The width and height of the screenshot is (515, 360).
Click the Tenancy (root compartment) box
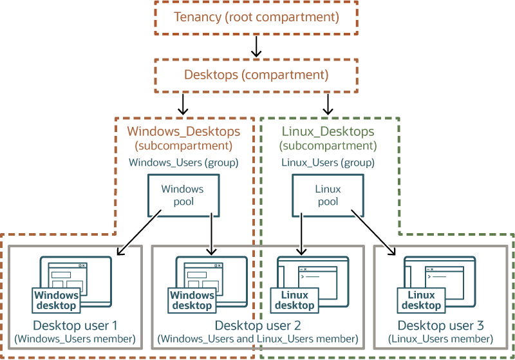[256, 17]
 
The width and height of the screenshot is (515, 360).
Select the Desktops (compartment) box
[256, 75]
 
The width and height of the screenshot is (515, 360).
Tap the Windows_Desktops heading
[183, 131]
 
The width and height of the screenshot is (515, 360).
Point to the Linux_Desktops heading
[328, 131]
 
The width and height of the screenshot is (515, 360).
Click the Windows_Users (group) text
[183, 162]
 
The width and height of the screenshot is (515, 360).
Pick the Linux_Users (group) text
[328, 162]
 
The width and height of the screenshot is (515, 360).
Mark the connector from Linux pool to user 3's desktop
[373, 232]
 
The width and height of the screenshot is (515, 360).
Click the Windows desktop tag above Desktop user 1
[57, 300]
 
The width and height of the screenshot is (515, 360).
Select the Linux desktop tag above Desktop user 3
[422, 300]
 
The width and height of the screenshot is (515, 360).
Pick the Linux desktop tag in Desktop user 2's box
[295, 300]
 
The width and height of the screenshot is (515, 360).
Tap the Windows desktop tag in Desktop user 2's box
[192, 300]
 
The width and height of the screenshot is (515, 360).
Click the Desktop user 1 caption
[75, 325]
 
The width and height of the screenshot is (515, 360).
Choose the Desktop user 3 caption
[440, 325]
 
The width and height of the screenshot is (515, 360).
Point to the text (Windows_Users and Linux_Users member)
[257, 339]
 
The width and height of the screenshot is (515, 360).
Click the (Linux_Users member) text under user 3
[440, 339]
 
